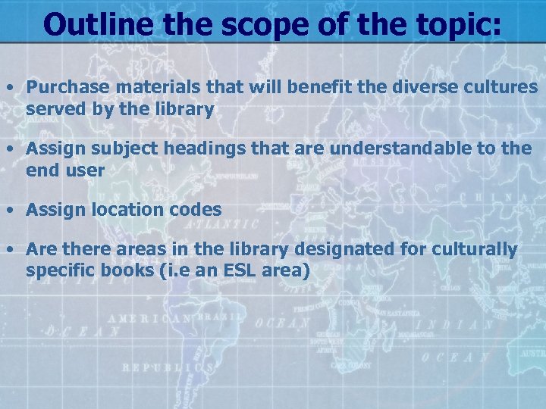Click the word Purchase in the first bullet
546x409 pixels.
tap(64, 87)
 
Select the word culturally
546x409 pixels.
tap(472, 249)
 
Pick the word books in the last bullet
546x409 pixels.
tap(118, 270)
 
